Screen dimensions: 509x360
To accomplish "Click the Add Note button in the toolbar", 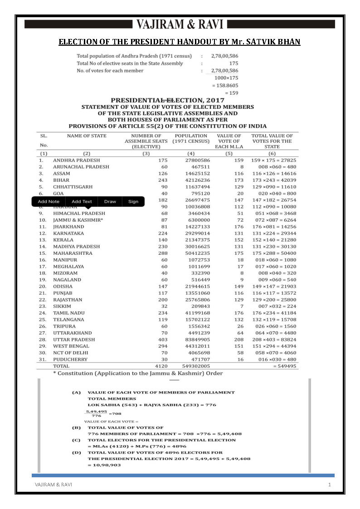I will pyautogui.click(x=49, y=202).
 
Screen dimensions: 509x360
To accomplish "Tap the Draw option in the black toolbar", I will pyautogui.click(x=110, y=202).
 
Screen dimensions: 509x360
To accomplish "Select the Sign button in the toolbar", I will pyautogui.click(x=133, y=202).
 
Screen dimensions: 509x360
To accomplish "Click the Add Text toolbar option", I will pyautogui.click(x=82, y=202).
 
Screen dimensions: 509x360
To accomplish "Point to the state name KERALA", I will pyautogui.click(x=63, y=240).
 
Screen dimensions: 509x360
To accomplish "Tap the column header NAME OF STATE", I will pyautogui.click(x=87, y=136).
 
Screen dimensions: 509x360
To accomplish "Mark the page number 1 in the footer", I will pyautogui.click(x=330, y=485).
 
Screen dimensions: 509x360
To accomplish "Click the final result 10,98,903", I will pyautogui.click(x=104, y=465).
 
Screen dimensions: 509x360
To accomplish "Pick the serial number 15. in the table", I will pyautogui.click(x=42, y=253).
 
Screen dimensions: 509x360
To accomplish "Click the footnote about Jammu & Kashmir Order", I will pyautogui.click(x=138, y=373).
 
